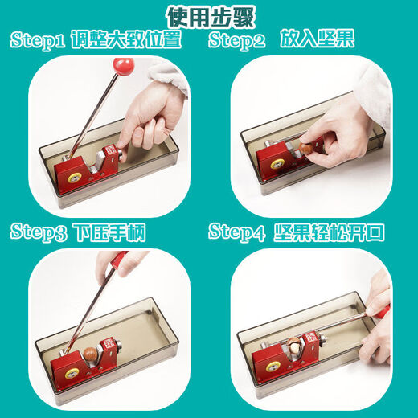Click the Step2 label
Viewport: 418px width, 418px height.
pyautogui.click(x=237, y=41)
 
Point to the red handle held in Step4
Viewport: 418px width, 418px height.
pyautogui.click(x=378, y=305)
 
